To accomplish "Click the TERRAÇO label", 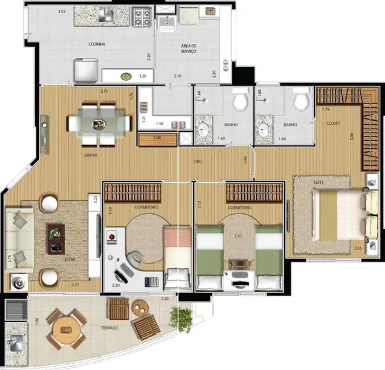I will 109,328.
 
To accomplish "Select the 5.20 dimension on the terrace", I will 165,299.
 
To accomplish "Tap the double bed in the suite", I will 338,213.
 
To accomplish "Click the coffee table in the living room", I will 55,238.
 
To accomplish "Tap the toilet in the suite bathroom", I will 300,102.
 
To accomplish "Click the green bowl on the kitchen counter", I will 125,76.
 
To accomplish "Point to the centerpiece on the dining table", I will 92,122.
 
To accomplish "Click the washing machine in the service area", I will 188,16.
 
